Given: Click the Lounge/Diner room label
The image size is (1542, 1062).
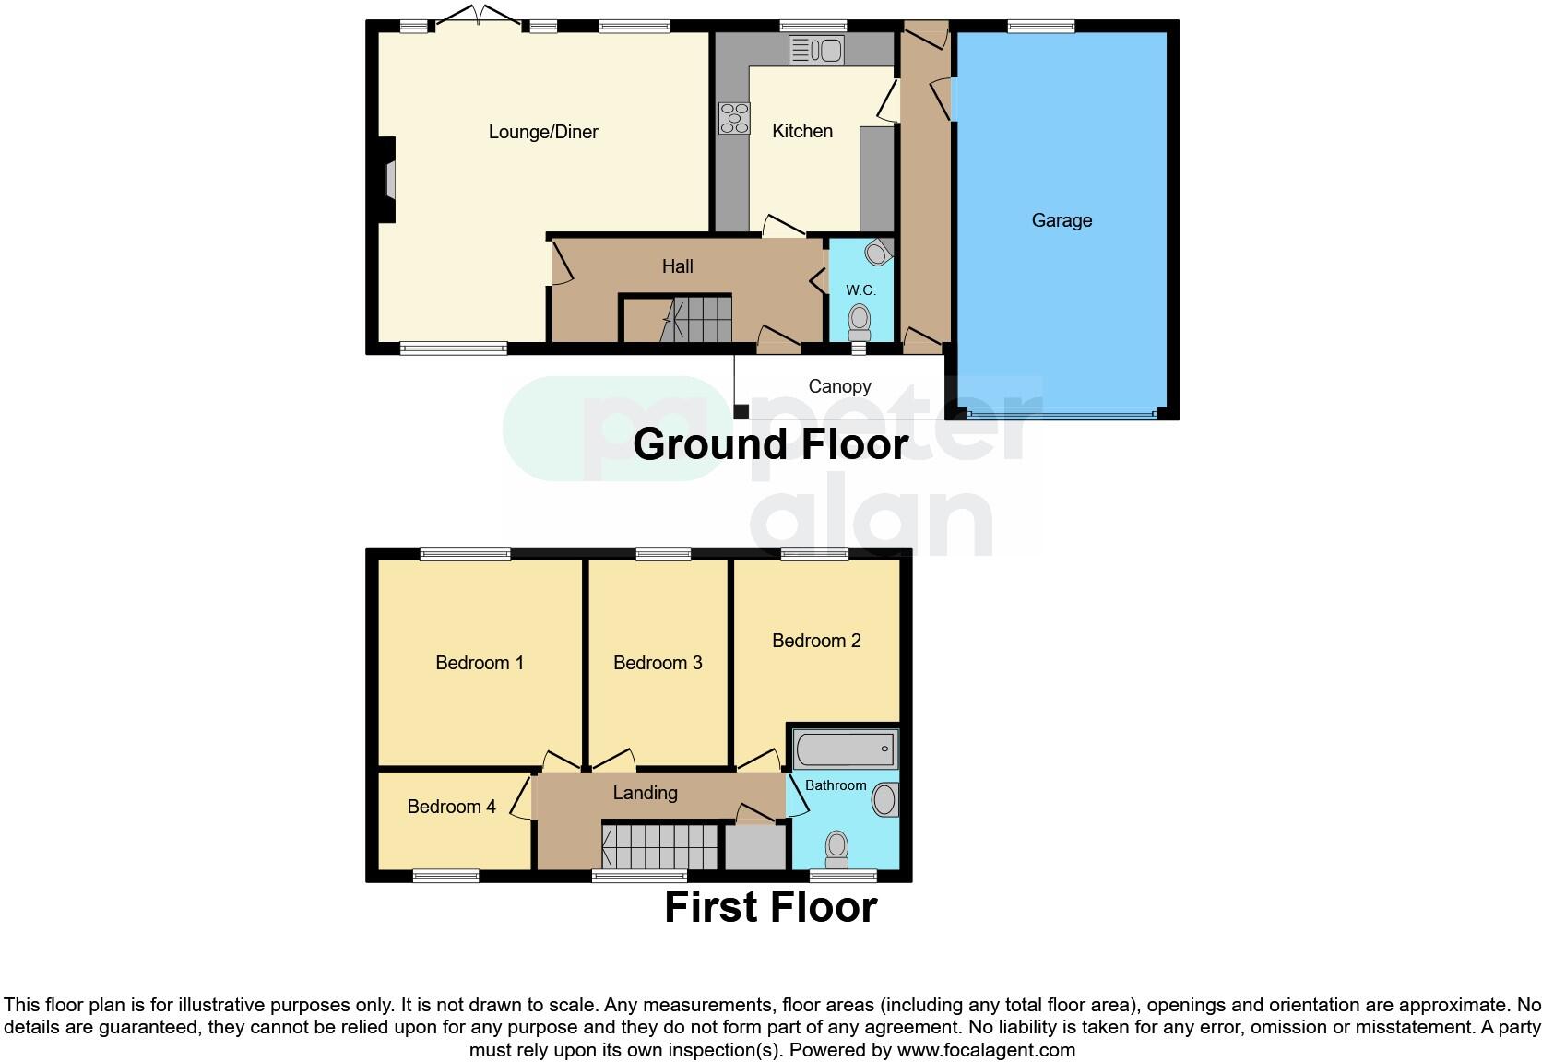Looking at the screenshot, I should tap(543, 132).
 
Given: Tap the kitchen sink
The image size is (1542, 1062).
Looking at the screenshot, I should tap(816, 50).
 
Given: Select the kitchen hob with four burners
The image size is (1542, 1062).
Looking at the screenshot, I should tap(734, 118).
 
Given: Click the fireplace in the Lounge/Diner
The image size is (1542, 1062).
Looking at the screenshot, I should tap(388, 180).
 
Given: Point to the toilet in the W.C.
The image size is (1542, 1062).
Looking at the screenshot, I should tap(859, 322).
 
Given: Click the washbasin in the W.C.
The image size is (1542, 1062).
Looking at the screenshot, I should tap(878, 251).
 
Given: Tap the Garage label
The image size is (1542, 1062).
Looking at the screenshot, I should tap(1062, 220).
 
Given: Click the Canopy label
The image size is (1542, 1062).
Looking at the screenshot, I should tap(839, 386).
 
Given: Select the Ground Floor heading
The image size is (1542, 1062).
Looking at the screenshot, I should tap(770, 444).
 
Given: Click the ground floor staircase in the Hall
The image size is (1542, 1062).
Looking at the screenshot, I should tap(697, 319).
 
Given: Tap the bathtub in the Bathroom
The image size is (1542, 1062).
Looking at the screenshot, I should tap(845, 749).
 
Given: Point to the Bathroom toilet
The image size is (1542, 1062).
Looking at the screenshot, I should tap(836, 848).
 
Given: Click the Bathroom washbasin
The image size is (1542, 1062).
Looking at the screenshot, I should tap(884, 799).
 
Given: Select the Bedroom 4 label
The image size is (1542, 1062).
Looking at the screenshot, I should tap(451, 807).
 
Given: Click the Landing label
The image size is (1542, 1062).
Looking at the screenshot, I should tap(645, 793).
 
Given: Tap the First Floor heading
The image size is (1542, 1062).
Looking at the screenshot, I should tap(770, 907).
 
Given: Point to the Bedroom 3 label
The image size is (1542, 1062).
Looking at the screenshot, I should tap(658, 663).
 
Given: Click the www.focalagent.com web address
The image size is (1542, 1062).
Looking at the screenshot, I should tap(986, 1050).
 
